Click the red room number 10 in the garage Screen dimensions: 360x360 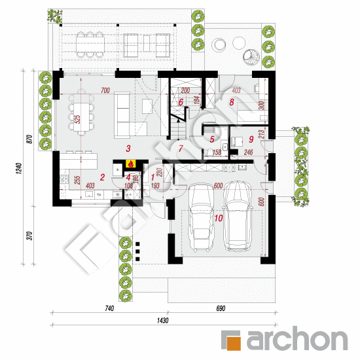pyautogui.click(x=218, y=219)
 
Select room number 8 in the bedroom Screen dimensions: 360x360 pyautogui.click(x=232, y=101)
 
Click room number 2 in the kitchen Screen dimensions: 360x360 pyautogui.click(x=212, y=138)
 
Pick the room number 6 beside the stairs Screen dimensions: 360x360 pyautogui.click(x=181, y=101)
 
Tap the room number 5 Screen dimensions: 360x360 pyautogui.click(x=181, y=148)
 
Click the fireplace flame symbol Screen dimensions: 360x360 pyautogui.click(x=130, y=164)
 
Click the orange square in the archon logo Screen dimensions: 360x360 pyautogui.click(x=232, y=340)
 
